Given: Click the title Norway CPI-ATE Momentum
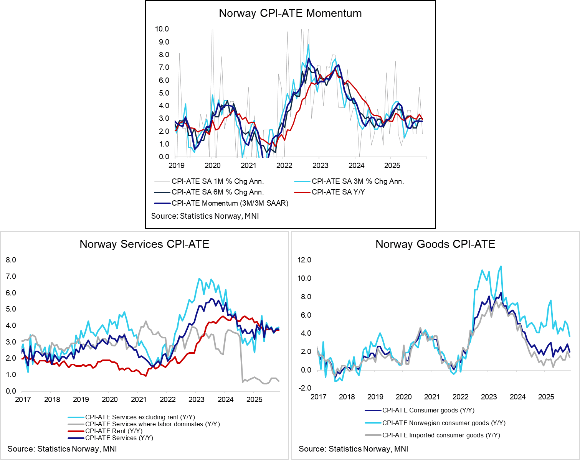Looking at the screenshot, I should pos(290,13).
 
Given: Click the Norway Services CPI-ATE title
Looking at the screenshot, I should pos(144,244).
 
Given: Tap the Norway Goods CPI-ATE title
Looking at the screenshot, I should pos(435,244).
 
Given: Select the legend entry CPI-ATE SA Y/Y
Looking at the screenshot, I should pos(338,192).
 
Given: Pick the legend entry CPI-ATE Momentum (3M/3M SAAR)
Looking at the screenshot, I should pos(230,203).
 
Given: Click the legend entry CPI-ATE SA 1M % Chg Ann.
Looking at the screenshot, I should pos(217,181).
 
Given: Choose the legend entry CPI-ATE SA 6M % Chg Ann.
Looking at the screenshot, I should pos(217,192).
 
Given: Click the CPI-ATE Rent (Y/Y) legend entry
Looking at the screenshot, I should pos(114,431).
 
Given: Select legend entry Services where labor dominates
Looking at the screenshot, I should pos(152,424).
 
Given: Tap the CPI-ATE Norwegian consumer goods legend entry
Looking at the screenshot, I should pos(443,423).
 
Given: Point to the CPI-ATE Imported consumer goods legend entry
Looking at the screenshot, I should pos(441,435).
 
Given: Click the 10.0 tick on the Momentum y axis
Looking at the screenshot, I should pos(162,29).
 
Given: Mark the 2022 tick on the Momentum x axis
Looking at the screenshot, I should pos(284,166).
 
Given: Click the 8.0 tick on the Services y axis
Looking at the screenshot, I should pos(11,260).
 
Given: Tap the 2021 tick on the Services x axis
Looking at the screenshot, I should pos(139,400).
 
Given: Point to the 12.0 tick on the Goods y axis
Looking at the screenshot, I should pos(304,260).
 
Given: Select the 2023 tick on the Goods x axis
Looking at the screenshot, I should pos(489,397).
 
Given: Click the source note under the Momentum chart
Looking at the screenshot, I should pos(205,216).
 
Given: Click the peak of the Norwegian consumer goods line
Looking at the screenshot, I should pos(501,266).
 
